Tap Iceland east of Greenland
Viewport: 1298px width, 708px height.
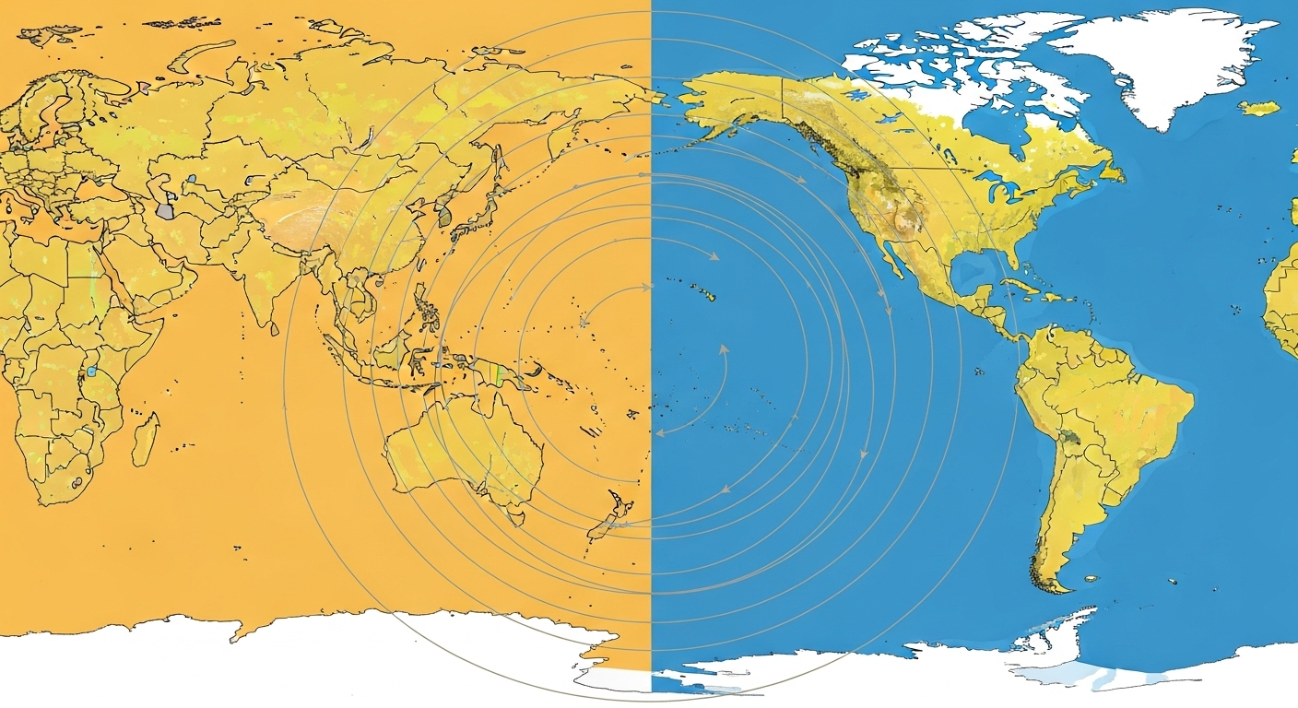[1258, 108]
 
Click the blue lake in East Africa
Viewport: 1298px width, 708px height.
[92, 372]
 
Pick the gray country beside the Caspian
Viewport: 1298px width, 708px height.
[165, 210]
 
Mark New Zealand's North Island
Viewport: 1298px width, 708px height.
[619, 506]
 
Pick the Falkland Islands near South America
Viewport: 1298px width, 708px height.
[1091, 579]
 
